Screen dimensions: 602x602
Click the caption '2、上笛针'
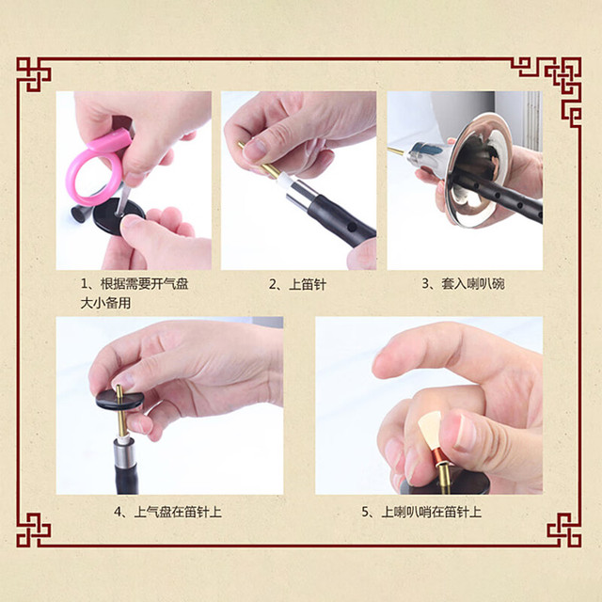297,284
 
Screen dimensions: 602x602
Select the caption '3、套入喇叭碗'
463,284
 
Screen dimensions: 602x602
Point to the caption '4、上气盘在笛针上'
167,512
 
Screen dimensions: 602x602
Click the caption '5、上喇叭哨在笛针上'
421,512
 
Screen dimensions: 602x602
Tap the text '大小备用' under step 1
105,303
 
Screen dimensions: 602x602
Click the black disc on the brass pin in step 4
119,399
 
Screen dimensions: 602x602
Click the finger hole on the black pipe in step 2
352,228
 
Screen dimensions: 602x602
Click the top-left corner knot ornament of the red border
34,74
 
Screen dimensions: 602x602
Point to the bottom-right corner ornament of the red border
564,530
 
